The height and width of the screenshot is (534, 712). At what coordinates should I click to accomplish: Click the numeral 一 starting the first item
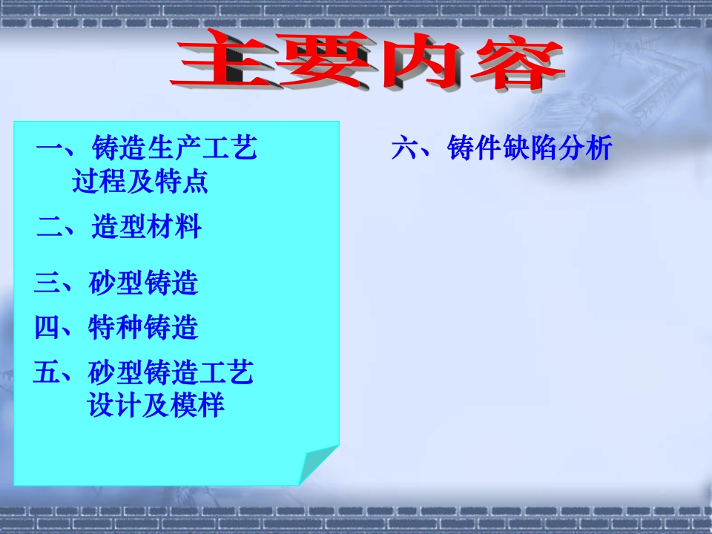point(50,148)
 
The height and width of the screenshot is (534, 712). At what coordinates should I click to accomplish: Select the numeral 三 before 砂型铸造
point(47,283)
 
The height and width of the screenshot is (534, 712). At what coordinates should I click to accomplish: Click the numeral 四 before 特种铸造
point(47,327)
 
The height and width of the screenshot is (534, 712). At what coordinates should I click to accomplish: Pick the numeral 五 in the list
point(47,372)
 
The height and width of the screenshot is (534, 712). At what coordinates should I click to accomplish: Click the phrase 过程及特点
point(140,181)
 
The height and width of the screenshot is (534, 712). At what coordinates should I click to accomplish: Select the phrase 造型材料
point(146,226)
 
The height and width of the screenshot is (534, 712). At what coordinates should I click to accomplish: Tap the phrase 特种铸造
point(143,327)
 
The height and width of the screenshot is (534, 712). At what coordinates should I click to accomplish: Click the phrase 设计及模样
point(156,405)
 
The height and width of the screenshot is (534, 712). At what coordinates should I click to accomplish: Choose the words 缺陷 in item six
point(530,148)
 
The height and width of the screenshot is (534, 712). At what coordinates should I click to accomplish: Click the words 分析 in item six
point(585,148)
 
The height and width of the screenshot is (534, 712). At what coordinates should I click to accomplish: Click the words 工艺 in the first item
point(229,148)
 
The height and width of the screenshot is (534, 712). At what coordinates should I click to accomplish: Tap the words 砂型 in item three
point(116,283)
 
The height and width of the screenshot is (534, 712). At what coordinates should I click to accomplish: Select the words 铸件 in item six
point(475,148)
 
